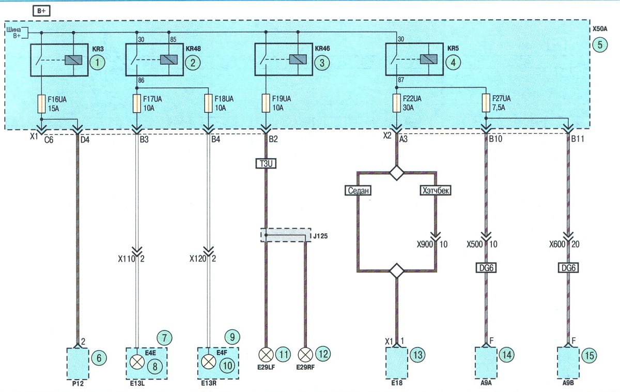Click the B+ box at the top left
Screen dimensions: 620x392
pos(41,11)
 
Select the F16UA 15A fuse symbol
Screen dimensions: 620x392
pos(41,104)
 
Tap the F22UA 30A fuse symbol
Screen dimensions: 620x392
pos(397,103)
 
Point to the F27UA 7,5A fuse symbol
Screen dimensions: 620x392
pos(486,103)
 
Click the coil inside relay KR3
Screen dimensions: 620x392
pos(73,60)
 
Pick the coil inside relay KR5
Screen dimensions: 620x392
pos(428,59)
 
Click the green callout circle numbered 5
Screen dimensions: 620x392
pos(600,45)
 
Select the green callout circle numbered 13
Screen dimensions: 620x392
pos(417,355)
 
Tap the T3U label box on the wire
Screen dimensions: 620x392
pos(266,163)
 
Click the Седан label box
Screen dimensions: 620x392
pos(358,191)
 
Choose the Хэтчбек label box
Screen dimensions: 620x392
pos(436,191)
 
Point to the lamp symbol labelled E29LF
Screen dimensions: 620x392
pos(266,355)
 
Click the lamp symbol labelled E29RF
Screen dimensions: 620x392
pos(305,355)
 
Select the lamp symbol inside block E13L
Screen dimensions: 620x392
pos(137,362)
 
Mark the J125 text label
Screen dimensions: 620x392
pos(320,236)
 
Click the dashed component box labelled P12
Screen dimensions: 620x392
pos(78,364)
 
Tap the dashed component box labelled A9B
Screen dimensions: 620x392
pos(568,363)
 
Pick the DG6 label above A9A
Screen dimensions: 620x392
pos(486,268)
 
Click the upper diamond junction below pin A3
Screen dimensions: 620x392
pos(397,173)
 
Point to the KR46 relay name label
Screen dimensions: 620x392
pos(322,49)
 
